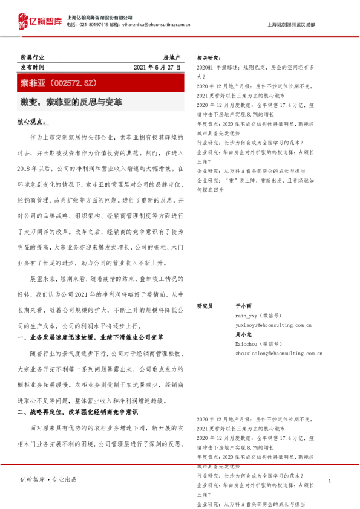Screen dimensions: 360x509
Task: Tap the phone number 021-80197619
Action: pyautogui.click(x=95, y=25)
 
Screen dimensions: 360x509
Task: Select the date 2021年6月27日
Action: pyautogui.click(x=157, y=67)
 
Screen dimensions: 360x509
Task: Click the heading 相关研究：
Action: pyautogui.click(x=208, y=58)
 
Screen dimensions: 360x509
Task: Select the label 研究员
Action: pyautogui.click(x=205, y=306)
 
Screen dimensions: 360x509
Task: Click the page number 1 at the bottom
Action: pyautogui.click(x=329, y=481)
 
